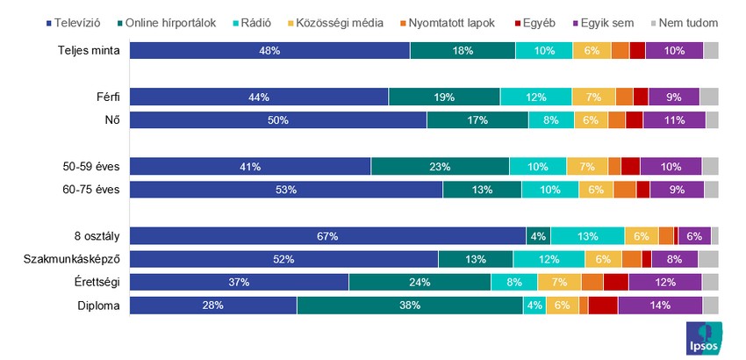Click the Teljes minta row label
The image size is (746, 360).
click(x=89, y=51)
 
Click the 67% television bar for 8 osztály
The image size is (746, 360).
click(x=327, y=235)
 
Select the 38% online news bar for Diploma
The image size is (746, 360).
click(x=409, y=306)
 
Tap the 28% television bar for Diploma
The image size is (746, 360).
click(x=213, y=306)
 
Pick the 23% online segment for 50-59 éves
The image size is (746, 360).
click(x=440, y=166)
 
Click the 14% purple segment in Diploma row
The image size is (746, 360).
click(x=659, y=306)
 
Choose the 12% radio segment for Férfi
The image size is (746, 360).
click(x=535, y=97)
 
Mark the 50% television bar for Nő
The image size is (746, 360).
click(x=277, y=120)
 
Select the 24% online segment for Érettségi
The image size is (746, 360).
click(x=420, y=282)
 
